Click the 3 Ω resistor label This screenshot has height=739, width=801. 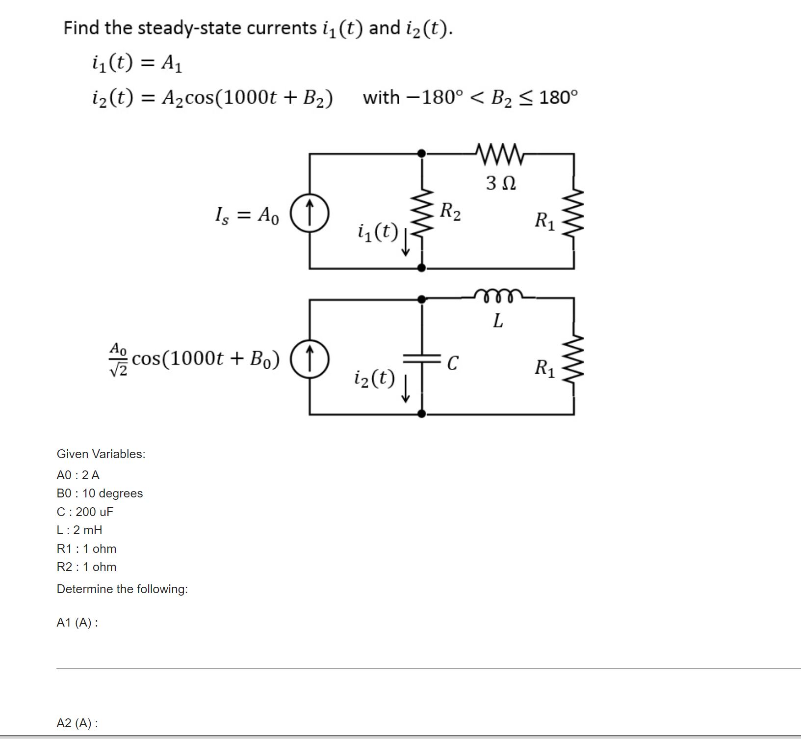(500, 183)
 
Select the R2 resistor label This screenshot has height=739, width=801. (450, 212)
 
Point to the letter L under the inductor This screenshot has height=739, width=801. (497, 321)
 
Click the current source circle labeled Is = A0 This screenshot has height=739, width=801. (310, 214)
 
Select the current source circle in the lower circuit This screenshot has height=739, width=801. (310, 359)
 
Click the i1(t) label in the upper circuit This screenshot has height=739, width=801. (378, 232)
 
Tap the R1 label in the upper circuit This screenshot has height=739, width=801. (544, 220)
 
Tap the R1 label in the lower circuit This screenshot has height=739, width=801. (544, 368)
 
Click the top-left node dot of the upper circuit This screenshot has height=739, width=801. (421, 154)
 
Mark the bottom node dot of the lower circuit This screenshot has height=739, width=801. (421, 414)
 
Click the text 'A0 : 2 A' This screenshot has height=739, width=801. (78, 475)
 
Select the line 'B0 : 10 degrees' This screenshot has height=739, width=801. (100, 493)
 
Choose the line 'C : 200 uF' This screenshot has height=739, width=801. (85, 512)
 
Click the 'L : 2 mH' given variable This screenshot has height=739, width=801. (79, 530)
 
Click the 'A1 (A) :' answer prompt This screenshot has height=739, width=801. (77, 623)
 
